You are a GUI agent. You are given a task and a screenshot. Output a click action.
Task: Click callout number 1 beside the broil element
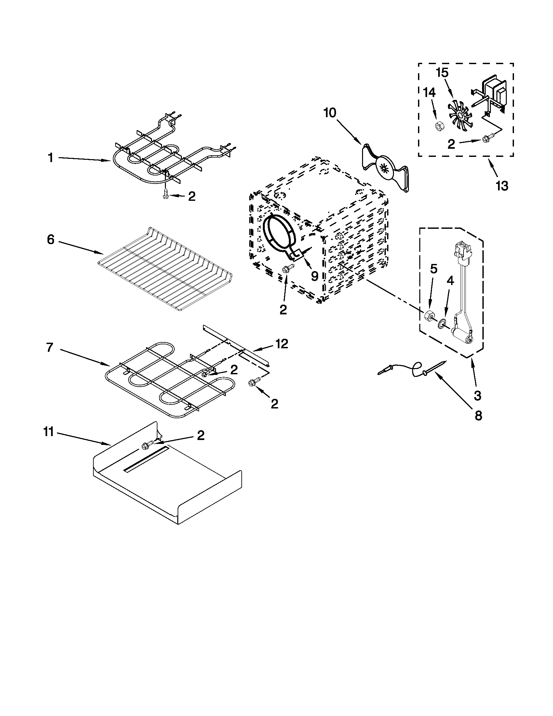50,158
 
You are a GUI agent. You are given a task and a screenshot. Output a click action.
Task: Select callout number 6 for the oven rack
50,240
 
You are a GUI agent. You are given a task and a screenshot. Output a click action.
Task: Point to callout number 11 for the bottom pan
48,433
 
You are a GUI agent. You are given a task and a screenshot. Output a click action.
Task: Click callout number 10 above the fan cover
330,113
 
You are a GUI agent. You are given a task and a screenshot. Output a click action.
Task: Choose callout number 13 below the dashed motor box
502,186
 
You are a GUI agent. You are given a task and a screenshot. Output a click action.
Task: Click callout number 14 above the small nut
429,93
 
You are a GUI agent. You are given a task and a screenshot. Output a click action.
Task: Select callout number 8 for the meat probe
478,416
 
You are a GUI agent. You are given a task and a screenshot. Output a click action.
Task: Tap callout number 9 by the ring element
314,276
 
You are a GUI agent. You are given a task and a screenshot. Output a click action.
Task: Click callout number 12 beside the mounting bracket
281,344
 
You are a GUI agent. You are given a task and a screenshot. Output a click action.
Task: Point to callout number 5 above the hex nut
433,269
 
